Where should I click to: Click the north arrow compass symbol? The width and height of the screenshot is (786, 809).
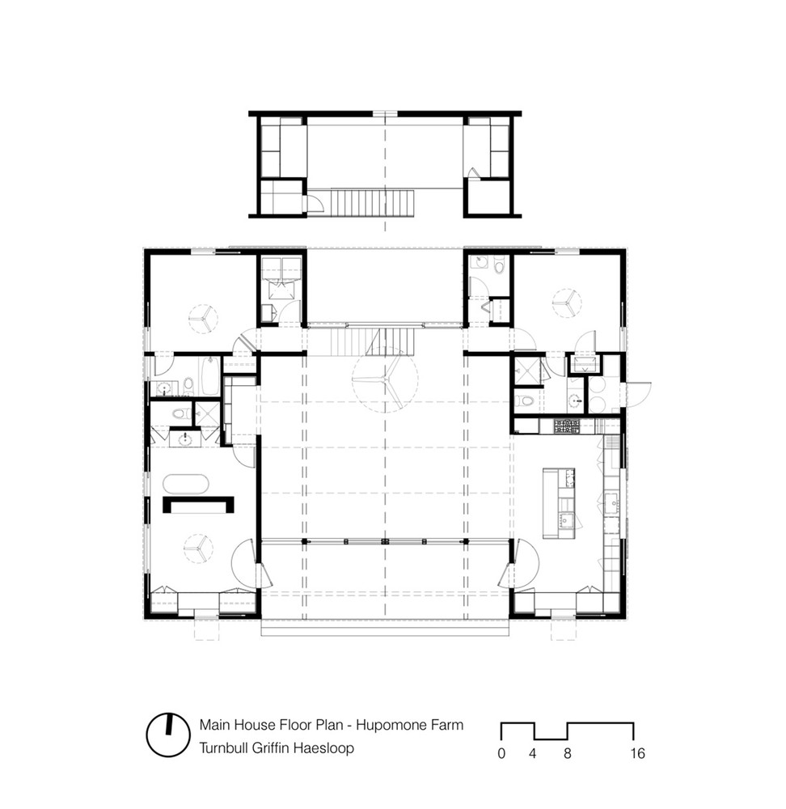(167, 735)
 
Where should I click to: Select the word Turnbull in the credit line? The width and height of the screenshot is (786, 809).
(223, 748)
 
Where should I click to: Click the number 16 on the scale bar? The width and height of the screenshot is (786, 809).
(637, 753)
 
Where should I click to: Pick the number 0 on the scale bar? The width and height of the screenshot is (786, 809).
(501, 753)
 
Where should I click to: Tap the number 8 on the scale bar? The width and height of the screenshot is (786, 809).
(568, 753)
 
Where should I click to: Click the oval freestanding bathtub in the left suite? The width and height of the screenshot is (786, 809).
(186, 485)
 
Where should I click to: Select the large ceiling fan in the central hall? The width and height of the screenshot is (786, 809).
(385, 379)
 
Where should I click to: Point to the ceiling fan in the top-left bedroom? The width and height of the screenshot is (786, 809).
(202, 319)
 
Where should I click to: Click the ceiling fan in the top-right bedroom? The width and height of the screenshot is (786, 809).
(568, 303)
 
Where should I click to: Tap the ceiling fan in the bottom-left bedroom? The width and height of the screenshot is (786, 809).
(197, 548)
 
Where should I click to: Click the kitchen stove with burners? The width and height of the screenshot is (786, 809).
(567, 426)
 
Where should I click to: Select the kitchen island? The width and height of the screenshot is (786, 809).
(559, 502)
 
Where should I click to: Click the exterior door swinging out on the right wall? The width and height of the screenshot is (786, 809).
(639, 394)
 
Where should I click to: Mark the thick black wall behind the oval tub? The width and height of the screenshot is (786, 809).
(198, 504)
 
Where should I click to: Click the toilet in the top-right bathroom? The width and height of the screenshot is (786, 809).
(499, 265)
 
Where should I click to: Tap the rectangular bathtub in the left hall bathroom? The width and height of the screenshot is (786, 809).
(210, 376)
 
